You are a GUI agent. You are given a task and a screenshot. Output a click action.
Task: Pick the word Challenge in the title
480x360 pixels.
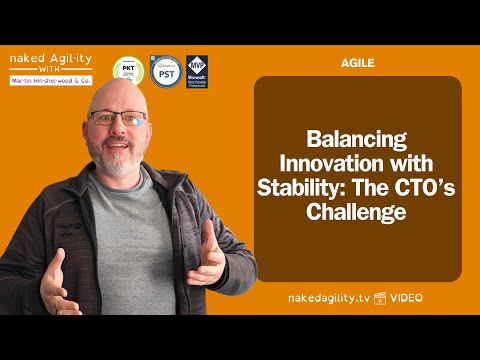pyautogui.click(x=357, y=212)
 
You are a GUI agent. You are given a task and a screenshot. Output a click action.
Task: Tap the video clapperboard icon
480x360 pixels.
pyautogui.click(x=380, y=298)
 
